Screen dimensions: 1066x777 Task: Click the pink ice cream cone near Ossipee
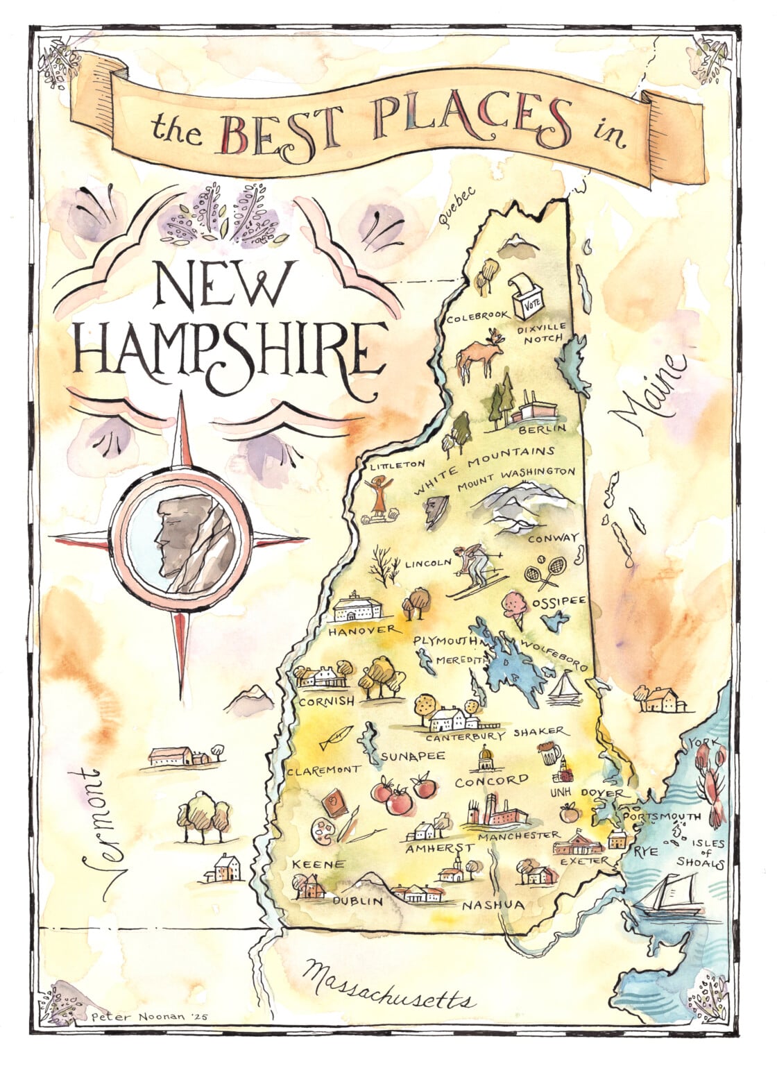coord(517,606)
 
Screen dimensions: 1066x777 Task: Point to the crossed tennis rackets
coord(543,571)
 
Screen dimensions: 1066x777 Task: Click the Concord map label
coord(491,781)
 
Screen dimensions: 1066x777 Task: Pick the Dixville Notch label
coord(542,332)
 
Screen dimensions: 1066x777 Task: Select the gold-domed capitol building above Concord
coord(484,758)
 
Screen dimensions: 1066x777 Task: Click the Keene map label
coord(318,864)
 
